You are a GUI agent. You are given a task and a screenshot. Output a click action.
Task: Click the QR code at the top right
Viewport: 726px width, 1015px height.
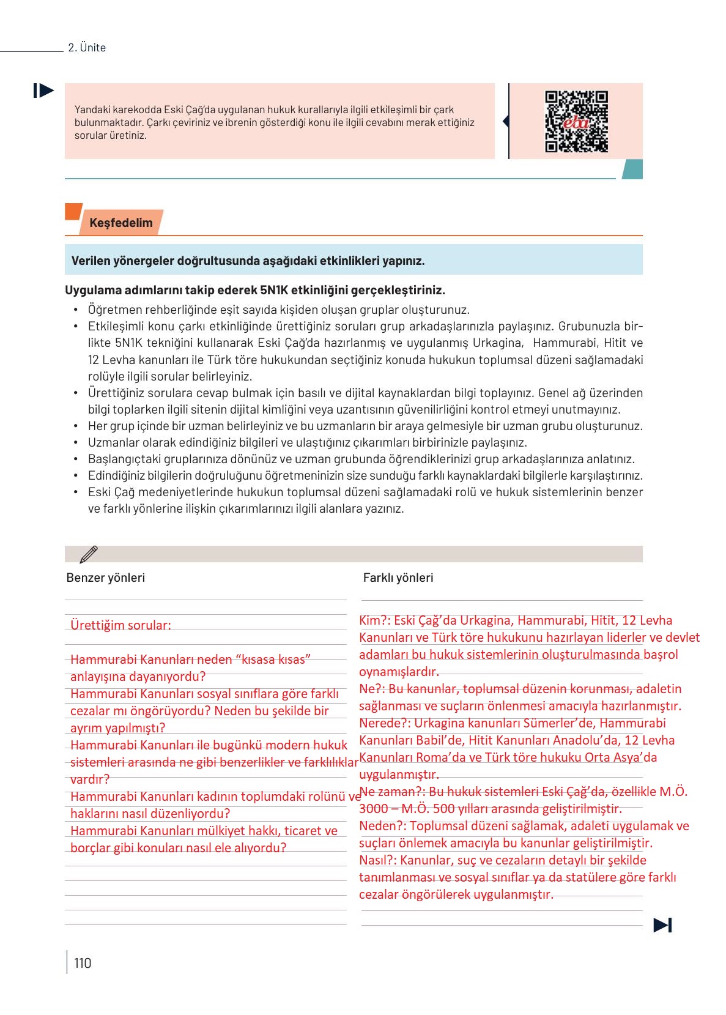pyautogui.click(x=576, y=121)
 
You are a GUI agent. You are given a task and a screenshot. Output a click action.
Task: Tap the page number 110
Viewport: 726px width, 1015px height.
pyautogui.click(x=83, y=963)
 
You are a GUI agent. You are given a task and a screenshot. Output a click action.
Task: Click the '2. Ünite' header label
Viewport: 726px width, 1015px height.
pyautogui.click(x=87, y=48)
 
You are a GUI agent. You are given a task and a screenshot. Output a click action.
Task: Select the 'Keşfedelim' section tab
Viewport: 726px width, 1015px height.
pyautogui.click(x=120, y=223)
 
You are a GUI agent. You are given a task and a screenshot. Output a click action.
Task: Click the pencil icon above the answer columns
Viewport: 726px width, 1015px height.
pyautogui.click(x=89, y=554)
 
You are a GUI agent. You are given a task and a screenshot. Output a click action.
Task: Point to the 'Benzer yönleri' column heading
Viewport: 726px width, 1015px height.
pyautogui.click(x=105, y=578)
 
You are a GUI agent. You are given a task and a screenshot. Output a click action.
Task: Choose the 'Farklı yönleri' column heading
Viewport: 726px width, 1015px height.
pyautogui.click(x=398, y=578)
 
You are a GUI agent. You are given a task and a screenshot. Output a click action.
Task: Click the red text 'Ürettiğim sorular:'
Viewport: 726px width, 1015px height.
pyautogui.click(x=120, y=625)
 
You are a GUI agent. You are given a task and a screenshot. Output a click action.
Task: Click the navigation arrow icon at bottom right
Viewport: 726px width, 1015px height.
pyautogui.click(x=662, y=925)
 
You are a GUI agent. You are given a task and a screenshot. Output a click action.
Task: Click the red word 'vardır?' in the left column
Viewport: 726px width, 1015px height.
pyautogui.click(x=90, y=779)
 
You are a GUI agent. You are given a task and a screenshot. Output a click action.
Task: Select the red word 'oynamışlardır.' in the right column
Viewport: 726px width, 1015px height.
pyautogui.click(x=399, y=672)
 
